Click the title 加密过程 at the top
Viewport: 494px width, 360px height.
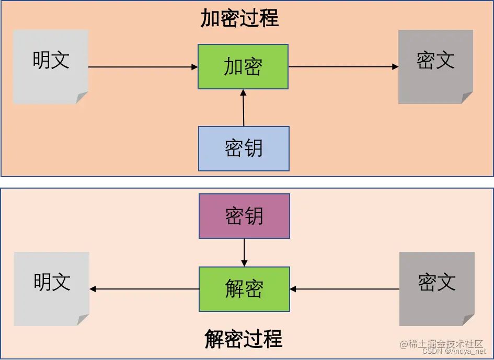pos(240,19)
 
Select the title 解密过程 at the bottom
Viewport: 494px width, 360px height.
pos(244,339)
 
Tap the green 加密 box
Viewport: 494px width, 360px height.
pos(243,67)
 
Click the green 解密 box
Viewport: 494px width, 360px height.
pos(244,289)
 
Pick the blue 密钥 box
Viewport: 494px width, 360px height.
pos(244,149)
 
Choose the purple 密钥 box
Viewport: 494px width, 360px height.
pos(244,216)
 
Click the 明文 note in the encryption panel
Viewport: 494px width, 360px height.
pos(51,66)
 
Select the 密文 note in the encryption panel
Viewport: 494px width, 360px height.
pos(435,66)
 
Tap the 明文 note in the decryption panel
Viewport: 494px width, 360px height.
pos(52,288)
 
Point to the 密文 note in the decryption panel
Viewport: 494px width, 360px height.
pos(436,288)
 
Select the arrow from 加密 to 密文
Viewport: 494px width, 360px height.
pos(343,67)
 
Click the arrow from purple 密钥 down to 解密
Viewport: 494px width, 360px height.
pos(244,253)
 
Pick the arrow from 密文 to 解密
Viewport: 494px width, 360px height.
pos(344,289)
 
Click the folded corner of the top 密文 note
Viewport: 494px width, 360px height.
pos(467,98)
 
